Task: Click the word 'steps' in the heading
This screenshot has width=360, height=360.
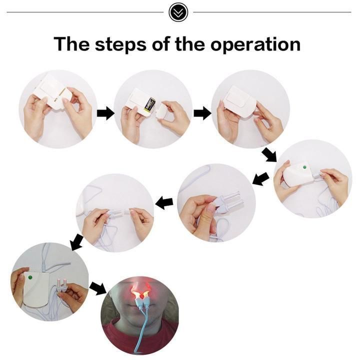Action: [120, 44]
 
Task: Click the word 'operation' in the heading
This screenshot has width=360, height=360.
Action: [255, 44]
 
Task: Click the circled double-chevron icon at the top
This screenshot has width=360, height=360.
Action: [178, 12]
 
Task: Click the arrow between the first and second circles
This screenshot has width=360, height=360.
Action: [105, 113]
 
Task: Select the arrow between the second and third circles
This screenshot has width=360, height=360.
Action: [202, 113]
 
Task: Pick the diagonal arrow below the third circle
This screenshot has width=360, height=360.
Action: [269, 154]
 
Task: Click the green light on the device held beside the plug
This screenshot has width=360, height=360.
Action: [30, 277]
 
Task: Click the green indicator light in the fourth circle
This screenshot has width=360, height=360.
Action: [304, 167]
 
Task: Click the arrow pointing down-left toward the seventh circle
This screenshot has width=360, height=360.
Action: [77, 242]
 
